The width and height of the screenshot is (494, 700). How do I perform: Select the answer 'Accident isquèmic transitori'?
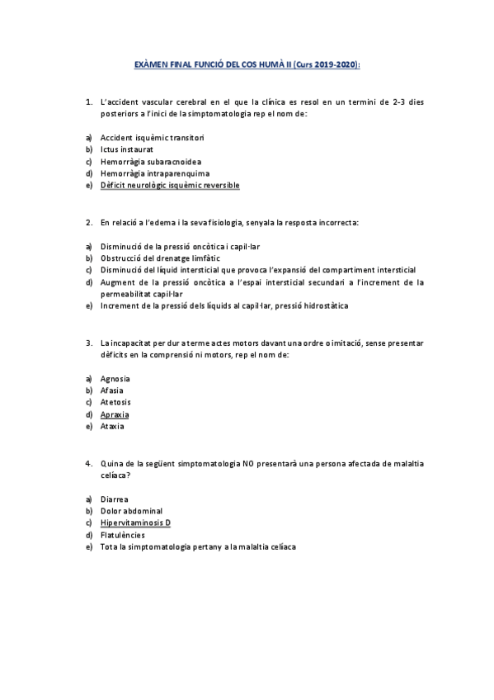coord(152,137)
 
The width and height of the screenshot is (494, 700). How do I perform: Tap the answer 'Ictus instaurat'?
coord(126,149)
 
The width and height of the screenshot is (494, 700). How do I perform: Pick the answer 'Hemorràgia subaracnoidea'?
coord(151,162)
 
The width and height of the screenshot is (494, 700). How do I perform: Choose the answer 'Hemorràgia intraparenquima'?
coord(155,173)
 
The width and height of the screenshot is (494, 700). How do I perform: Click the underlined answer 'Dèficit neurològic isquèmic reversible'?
coord(170,186)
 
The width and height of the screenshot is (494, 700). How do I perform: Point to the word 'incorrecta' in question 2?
coord(340,223)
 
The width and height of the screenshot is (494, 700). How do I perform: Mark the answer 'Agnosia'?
coord(115,378)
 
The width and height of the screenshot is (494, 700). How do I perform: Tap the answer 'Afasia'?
coord(113,390)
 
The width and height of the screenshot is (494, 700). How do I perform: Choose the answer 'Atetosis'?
coord(116,402)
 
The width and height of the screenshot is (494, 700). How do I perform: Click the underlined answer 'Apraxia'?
coord(115,414)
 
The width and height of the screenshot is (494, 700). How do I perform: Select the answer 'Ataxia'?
coord(112,426)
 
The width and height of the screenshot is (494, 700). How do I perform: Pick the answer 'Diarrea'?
coord(115,499)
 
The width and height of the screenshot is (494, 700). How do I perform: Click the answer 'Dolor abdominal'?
coord(131,511)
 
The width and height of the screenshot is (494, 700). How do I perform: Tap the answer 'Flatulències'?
coord(122,535)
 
